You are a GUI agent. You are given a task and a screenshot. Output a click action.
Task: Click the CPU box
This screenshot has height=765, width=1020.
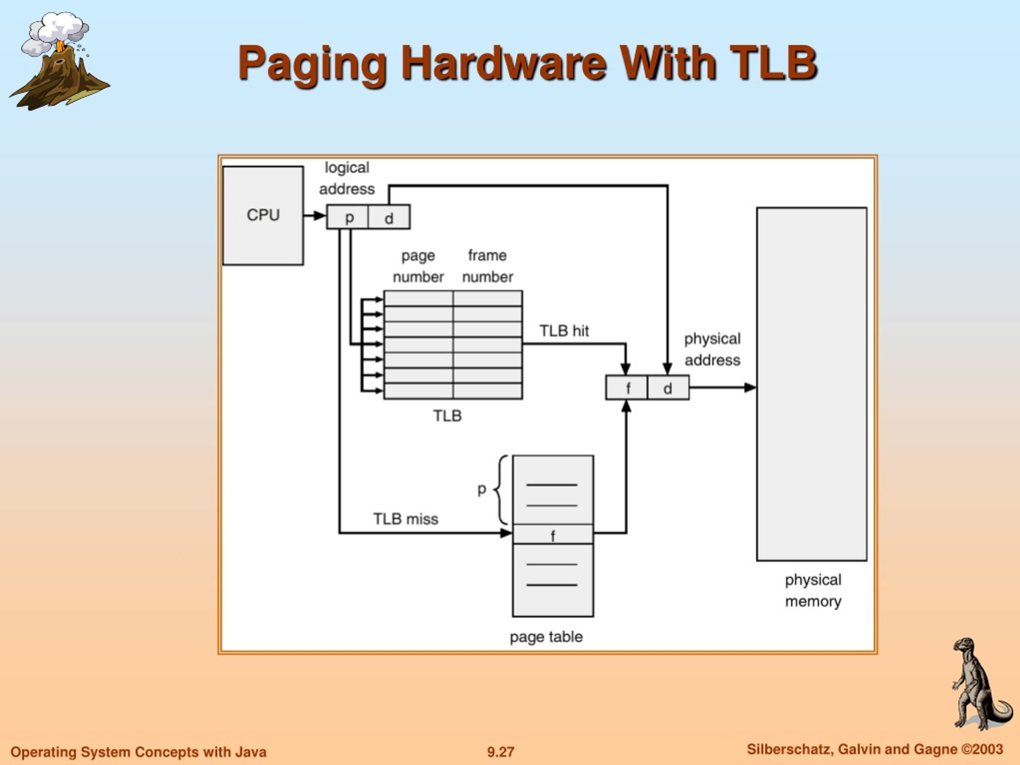(x=263, y=215)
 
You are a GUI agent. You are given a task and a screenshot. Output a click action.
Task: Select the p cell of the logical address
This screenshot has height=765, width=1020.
(x=348, y=217)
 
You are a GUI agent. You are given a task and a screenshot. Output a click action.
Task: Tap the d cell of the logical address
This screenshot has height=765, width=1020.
(x=389, y=217)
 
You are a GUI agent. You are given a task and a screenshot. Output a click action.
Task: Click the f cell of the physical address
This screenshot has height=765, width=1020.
(x=627, y=387)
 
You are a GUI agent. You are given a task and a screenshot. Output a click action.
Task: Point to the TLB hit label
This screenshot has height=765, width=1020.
(x=564, y=331)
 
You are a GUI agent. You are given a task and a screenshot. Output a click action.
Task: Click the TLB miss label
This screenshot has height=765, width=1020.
(x=406, y=519)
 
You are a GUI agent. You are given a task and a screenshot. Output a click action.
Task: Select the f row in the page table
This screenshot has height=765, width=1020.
(x=553, y=534)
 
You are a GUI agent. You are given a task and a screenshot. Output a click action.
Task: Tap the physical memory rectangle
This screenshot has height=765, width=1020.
(x=812, y=384)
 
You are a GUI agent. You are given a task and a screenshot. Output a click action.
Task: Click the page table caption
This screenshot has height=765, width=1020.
(x=546, y=637)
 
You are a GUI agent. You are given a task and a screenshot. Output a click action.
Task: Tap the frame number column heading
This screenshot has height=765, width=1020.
(x=487, y=266)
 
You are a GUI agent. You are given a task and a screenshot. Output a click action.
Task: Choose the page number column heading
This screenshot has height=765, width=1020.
(x=418, y=266)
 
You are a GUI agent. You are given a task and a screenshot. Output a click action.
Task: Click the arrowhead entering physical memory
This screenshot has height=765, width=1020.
(x=751, y=387)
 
